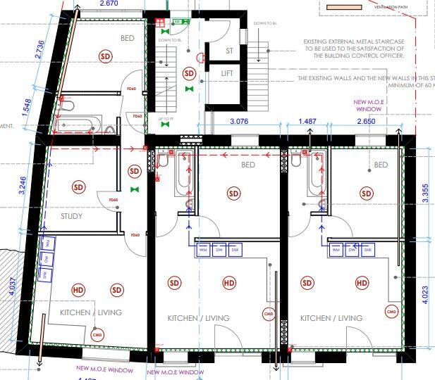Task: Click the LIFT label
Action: pos(227,73)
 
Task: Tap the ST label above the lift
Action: pos(229,51)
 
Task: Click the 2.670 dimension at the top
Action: pos(109,4)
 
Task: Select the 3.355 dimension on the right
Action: pos(424,191)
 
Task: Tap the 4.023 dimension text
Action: pos(424,293)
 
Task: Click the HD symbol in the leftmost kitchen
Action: pos(78,290)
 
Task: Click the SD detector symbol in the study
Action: pos(78,187)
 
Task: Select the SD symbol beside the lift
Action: pos(189,73)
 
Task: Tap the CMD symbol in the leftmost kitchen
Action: pos(97,335)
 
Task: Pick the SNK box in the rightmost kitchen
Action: pos(367,249)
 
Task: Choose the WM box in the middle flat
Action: pos(203,249)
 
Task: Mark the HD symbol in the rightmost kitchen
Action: pos(362,283)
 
